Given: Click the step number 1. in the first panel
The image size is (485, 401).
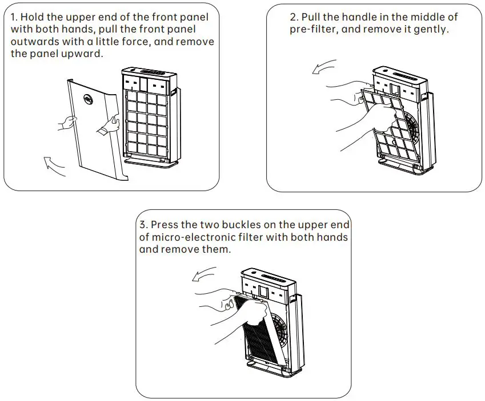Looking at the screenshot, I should tap(14, 17).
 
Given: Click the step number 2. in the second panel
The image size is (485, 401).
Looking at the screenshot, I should tap(294, 17).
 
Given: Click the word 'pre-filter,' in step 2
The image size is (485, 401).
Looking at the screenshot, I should tap(314, 30).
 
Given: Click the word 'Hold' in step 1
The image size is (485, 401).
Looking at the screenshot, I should tap(33, 17).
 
